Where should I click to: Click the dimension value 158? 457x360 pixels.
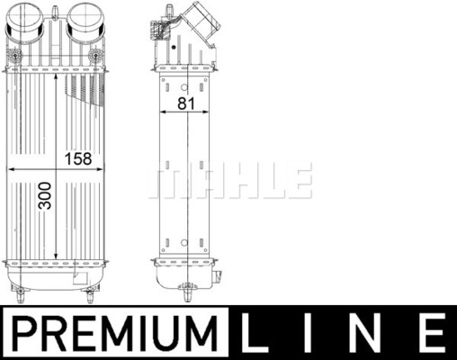(78, 158)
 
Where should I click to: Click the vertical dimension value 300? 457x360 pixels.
(45, 195)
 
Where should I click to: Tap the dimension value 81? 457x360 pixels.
(186, 103)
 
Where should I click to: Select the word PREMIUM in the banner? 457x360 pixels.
(115, 333)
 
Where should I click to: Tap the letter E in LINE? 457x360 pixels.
(434, 333)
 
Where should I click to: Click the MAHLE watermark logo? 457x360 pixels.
(230, 180)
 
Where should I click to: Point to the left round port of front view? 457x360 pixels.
(25, 22)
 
